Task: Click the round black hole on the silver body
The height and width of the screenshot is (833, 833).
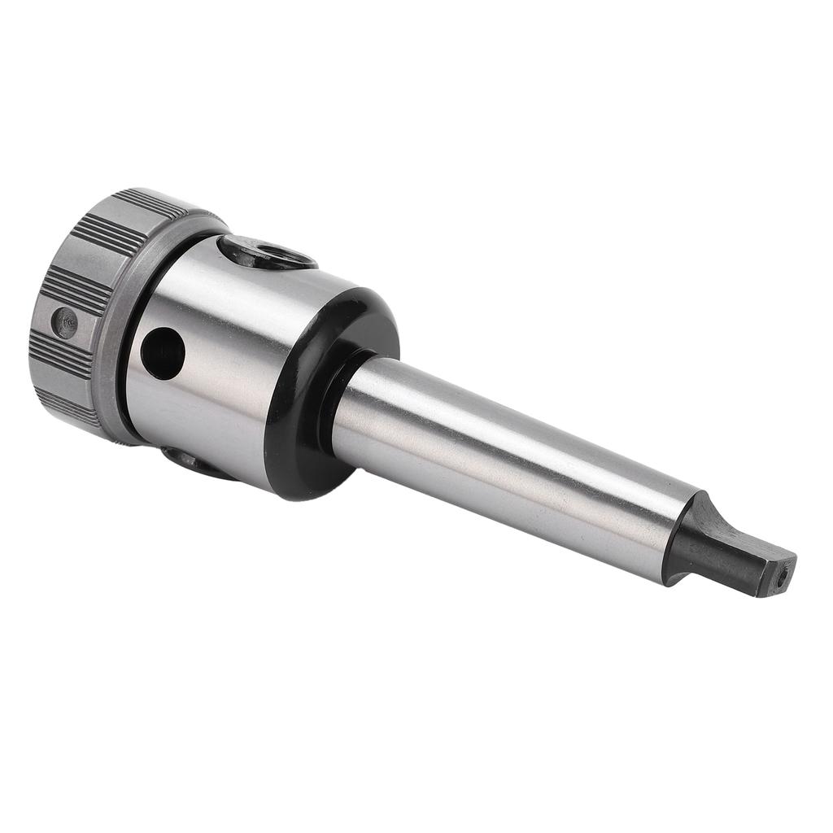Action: (x=162, y=352)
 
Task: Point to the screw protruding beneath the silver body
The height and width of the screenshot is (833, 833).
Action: (x=189, y=462)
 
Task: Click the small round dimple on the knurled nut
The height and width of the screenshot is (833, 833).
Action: (x=64, y=322)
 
